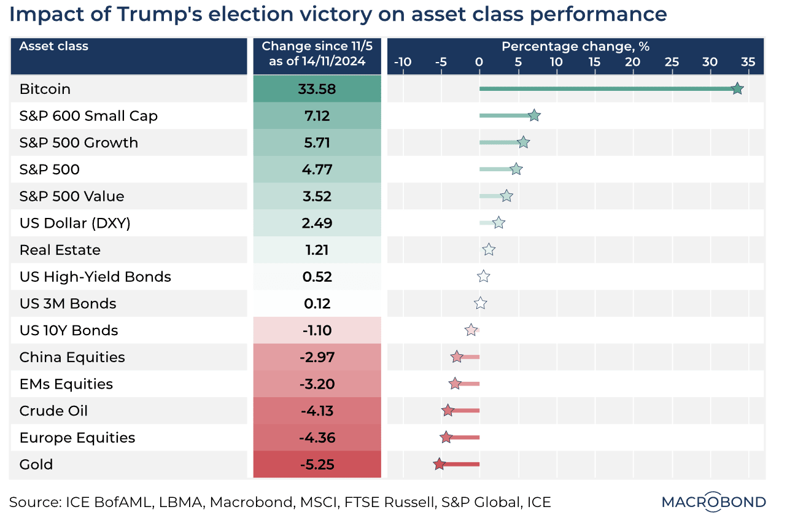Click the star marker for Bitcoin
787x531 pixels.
pyautogui.click(x=737, y=89)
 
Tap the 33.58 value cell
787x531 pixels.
pyautogui.click(x=317, y=89)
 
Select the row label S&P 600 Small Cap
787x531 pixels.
pyautogui.click(x=88, y=116)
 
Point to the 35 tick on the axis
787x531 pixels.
pyautogui.click(x=748, y=62)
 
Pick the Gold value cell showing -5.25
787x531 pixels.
pyautogui.click(x=317, y=465)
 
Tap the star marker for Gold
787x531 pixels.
pyautogui.click(x=439, y=465)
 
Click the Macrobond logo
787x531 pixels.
pyautogui.click(x=713, y=502)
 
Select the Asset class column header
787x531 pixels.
pyautogui.click(x=54, y=47)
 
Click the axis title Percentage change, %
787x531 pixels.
pyautogui.click(x=575, y=47)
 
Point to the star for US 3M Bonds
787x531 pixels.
pyautogui.click(x=481, y=303)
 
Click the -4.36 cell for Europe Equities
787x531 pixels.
pyautogui.click(x=317, y=438)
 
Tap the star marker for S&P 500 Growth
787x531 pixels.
pyautogui.click(x=523, y=143)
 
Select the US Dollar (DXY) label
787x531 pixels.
pyautogui.click(x=75, y=223)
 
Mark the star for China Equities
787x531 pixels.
pyautogui.click(x=457, y=357)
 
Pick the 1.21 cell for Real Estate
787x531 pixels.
pyautogui.click(x=317, y=250)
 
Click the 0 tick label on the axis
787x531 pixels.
pyautogui.click(x=479, y=62)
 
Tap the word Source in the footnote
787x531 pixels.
pyautogui.click(x=34, y=502)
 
